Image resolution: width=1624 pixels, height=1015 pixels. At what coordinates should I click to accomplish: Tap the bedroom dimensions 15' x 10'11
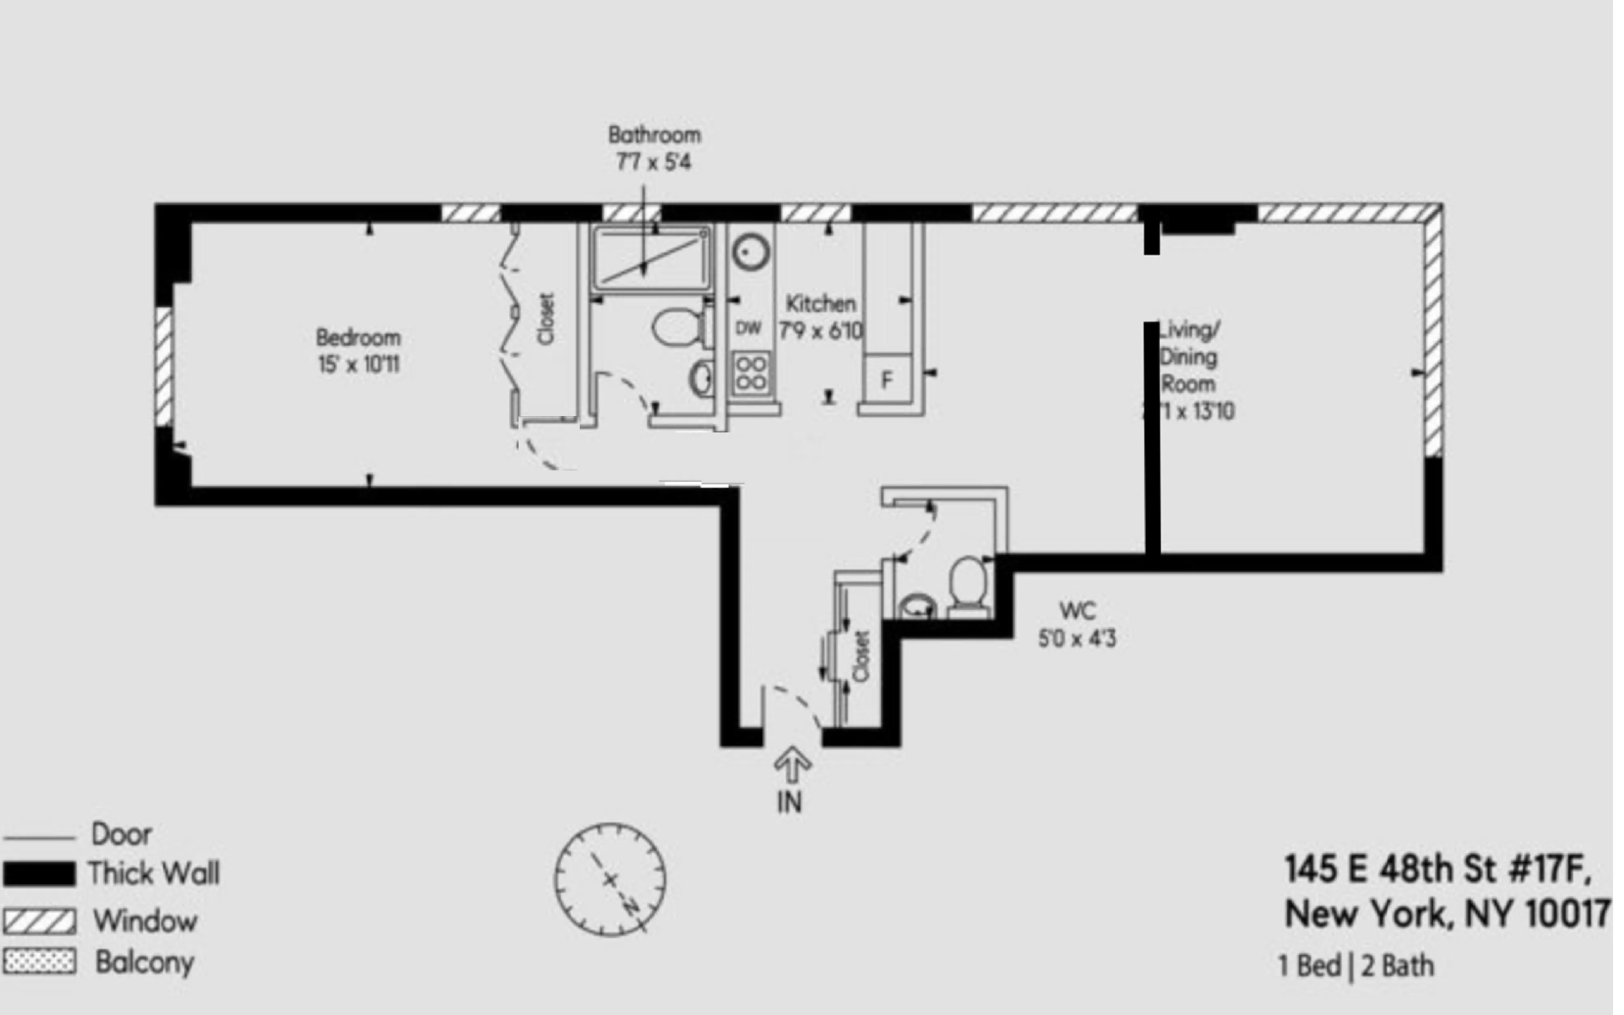pos(358,365)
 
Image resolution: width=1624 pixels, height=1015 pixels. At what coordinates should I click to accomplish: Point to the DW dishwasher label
pos(748,328)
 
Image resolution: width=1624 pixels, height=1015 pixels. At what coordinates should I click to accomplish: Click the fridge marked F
pos(886,380)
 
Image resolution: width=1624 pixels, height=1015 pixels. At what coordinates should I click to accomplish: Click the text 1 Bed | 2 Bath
pos(1356,966)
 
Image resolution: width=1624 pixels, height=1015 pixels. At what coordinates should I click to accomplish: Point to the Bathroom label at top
pos(654,135)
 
